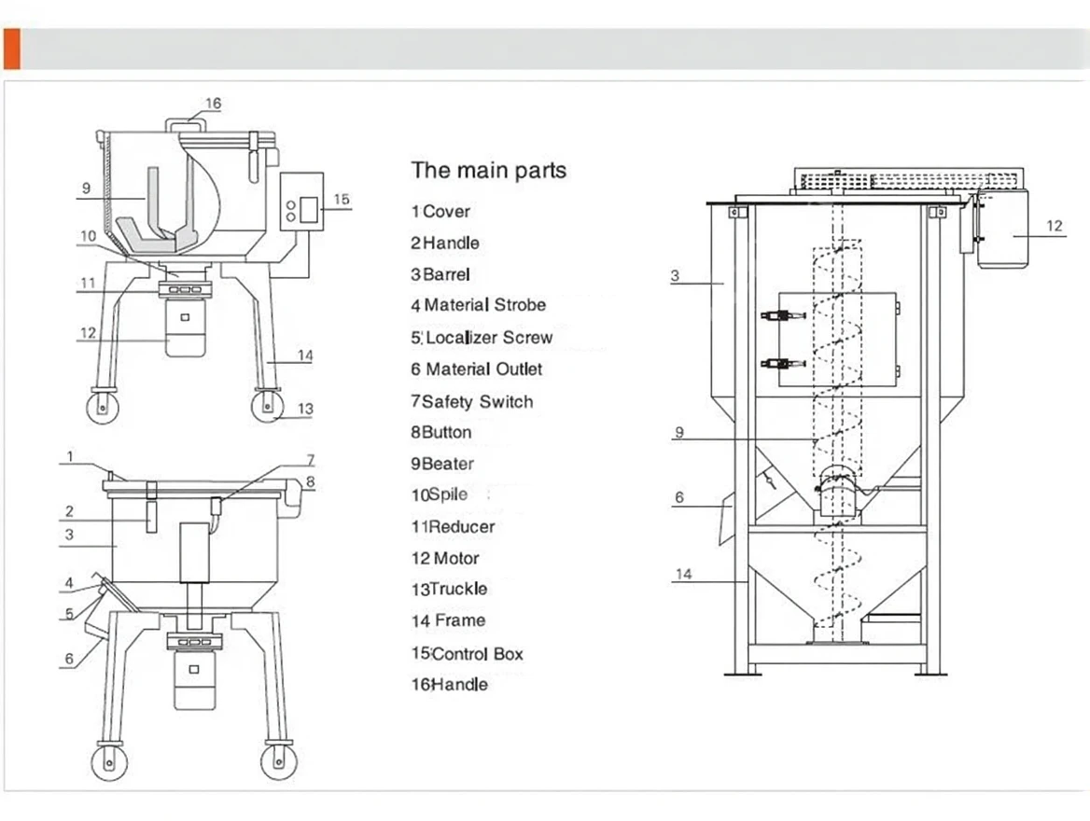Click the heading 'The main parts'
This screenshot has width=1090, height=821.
tap(489, 171)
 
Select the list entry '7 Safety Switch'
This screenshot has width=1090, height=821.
tap(472, 402)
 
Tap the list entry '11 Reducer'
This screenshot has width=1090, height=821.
tap(454, 527)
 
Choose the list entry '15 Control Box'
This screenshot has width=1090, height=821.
tap(468, 654)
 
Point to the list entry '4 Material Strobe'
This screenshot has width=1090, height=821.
tap(479, 305)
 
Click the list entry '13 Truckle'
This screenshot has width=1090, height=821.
tap(449, 590)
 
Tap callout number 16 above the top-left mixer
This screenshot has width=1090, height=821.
tap(214, 104)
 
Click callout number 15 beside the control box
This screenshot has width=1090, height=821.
tap(341, 199)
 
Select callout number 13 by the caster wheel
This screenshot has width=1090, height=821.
tap(305, 409)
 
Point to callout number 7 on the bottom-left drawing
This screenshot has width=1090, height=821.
tap(311, 460)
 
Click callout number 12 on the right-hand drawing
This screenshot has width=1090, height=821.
tap(1054, 226)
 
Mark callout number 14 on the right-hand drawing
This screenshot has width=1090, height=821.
tap(684, 575)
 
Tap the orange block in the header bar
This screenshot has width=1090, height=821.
tap(11, 49)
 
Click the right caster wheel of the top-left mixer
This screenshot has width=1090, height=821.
tap(267, 407)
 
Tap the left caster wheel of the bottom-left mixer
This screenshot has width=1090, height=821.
tap(109, 760)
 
